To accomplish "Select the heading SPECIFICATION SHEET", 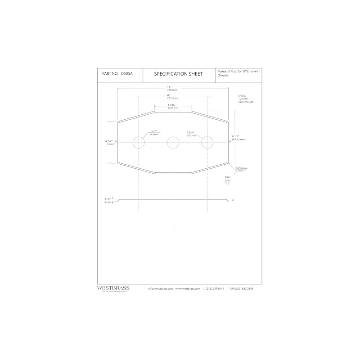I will tap(179, 73).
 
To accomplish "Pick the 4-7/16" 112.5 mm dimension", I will tap(173, 107).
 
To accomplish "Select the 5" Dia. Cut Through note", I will tap(246, 99).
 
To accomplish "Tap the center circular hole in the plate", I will tap(173, 143).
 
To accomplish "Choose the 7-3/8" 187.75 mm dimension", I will tap(238, 138).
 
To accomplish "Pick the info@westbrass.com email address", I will tap(161, 288).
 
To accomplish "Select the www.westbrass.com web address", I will tap(187, 288).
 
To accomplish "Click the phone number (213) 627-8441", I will tap(215, 288).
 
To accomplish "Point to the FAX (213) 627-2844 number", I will tap(241, 288).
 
